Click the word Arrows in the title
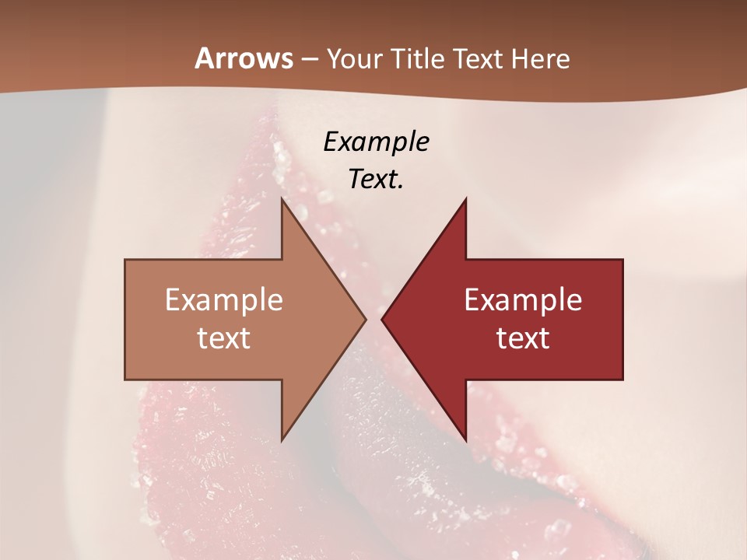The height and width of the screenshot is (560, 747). pyautogui.click(x=244, y=58)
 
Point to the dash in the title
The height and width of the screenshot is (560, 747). pyautogui.click(x=309, y=59)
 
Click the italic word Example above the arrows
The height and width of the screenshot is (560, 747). pyautogui.click(x=376, y=142)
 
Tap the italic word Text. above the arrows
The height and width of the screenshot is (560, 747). pyautogui.click(x=376, y=179)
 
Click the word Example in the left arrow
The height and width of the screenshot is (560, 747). pyautogui.click(x=224, y=300)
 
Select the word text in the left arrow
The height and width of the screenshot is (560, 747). pyautogui.click(x=224, y=338)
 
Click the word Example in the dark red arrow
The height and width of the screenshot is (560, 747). pyautogui.click(x=523, y=300)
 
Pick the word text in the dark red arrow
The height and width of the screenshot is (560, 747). pyautogui.click(x=523, y=338)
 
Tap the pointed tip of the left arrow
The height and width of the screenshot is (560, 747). pyautogui.click(x=366, y=319)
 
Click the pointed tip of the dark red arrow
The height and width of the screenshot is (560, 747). pyautogui.click(x=382, y=319)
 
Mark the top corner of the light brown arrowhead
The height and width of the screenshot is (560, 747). pyautogui.click(x=282, y=198)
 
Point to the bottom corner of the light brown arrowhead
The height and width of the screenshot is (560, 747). pyautogui.click(x=282, y=440)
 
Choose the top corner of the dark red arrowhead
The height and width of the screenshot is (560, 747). pyautogui.click(x=465, y=198)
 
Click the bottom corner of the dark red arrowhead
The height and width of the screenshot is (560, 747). pyautogui.click(x=465, y=440)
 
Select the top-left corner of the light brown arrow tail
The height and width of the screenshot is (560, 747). pyautogui.click(x=125, y=260)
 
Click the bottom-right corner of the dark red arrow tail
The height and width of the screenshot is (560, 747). pyautogui.click(x=622, y=379)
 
